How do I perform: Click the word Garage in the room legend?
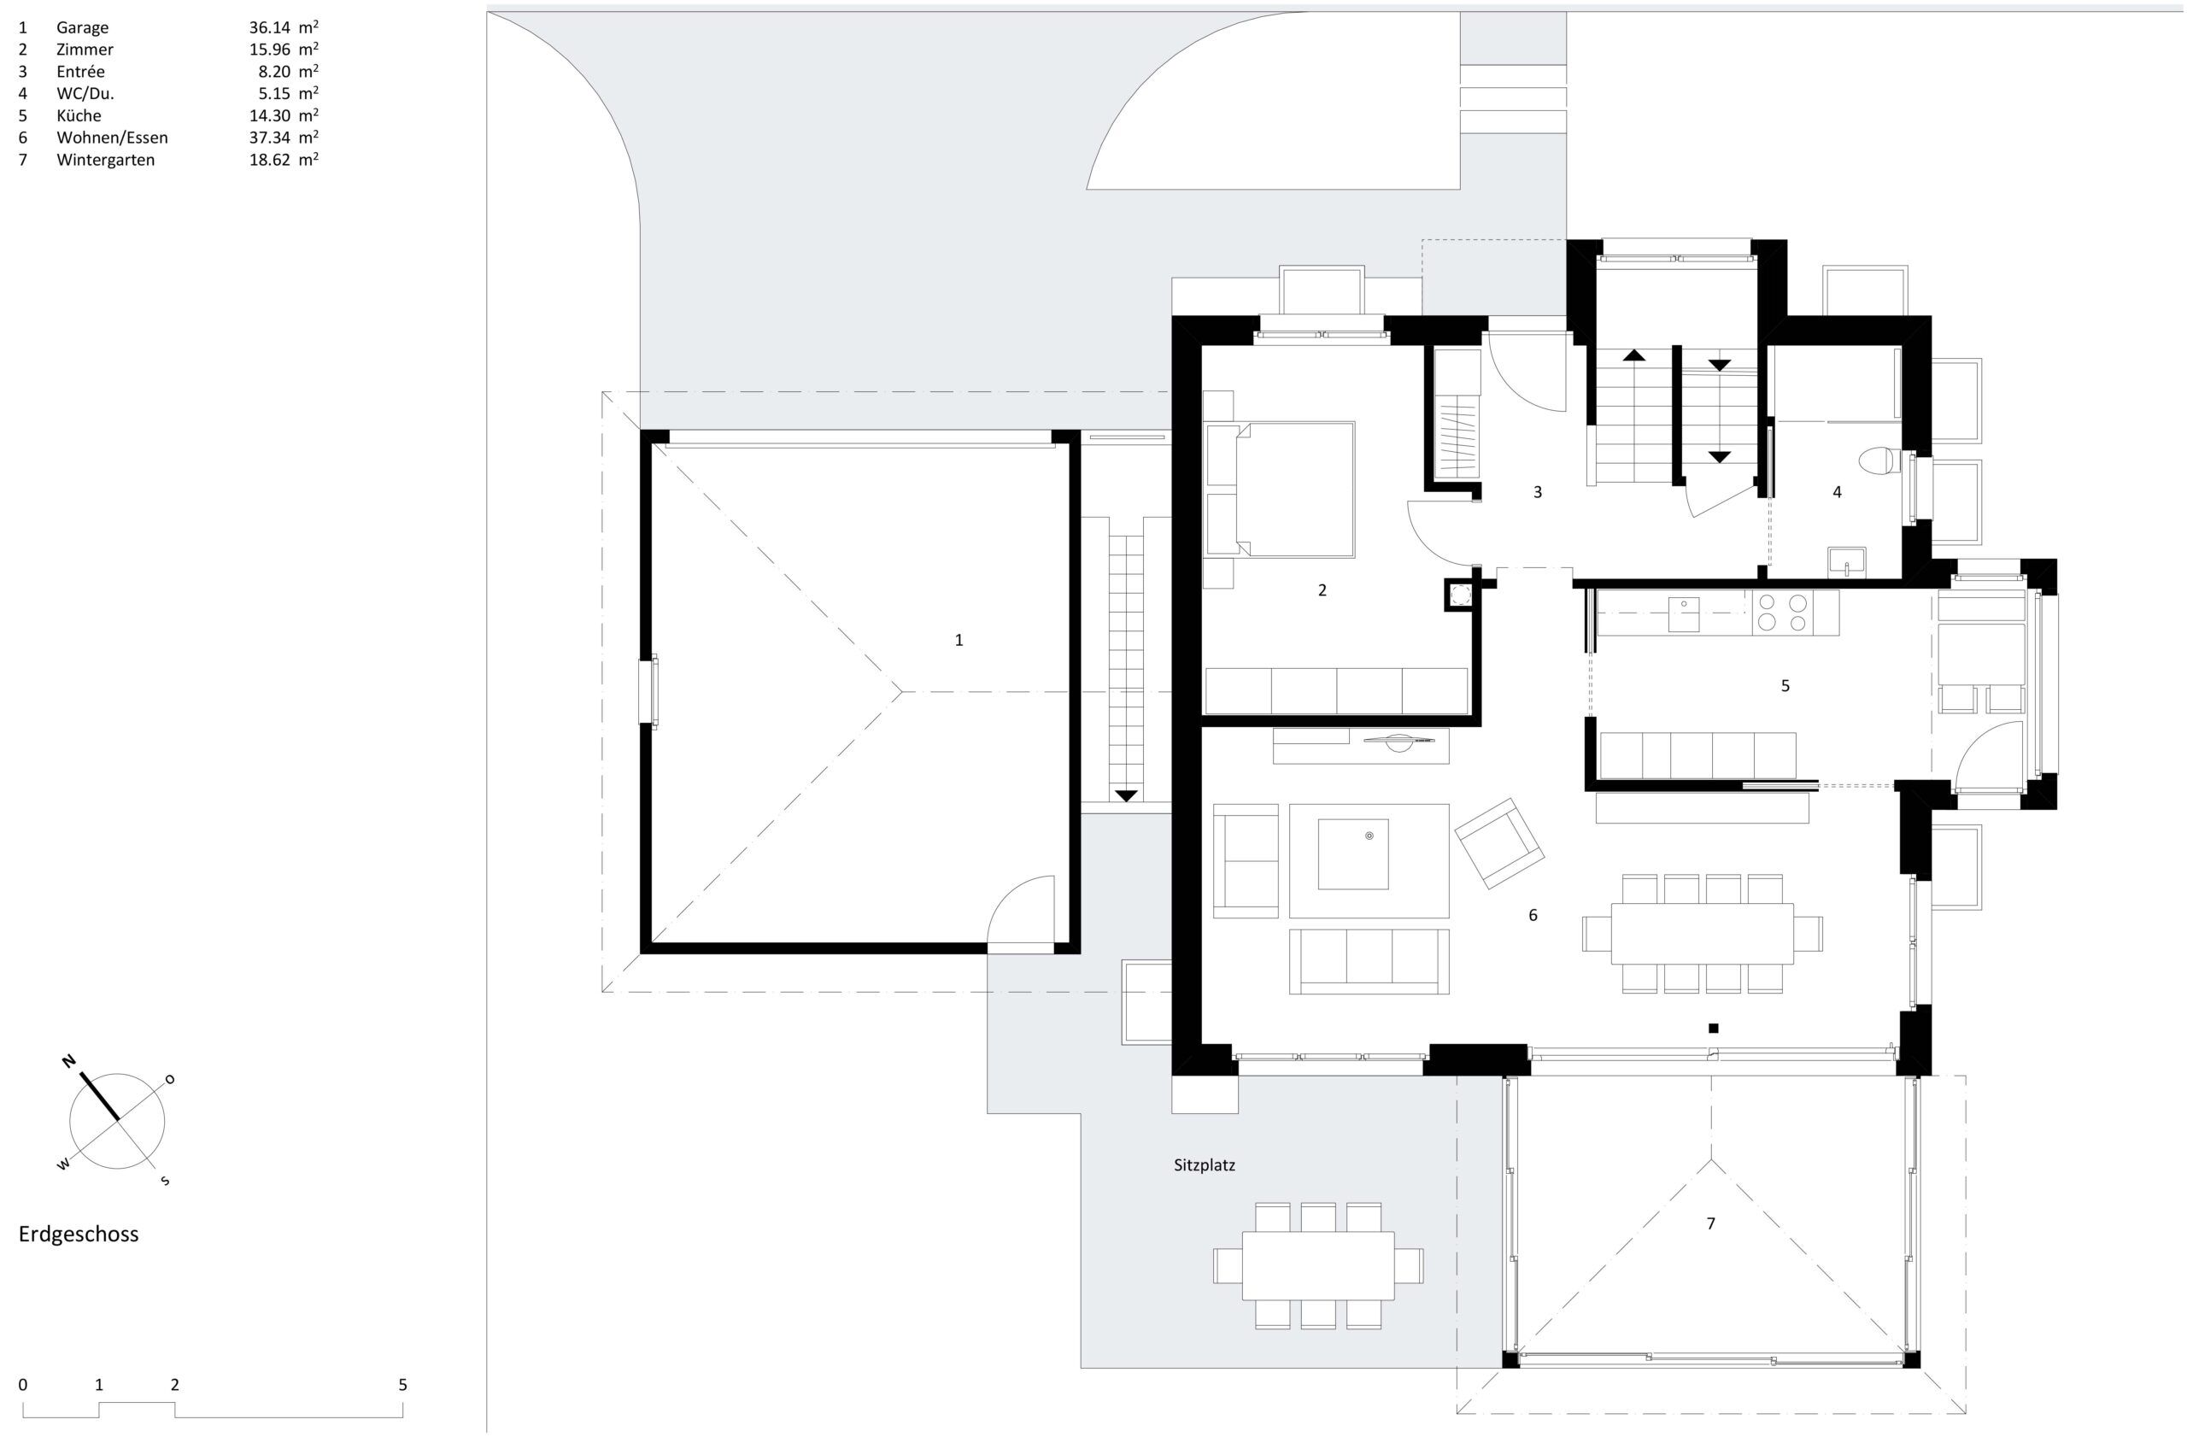83,27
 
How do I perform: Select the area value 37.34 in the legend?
269,138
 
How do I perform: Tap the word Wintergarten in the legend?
106,160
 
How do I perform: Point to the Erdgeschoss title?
79,1234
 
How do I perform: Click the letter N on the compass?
68,1062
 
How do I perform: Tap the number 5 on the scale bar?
402,1385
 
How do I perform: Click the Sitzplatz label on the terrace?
1205,1166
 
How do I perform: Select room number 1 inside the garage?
959,640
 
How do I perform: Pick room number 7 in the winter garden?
1710,1223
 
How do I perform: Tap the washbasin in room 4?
1846,561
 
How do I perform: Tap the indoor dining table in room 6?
1702,933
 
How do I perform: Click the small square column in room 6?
1713,1028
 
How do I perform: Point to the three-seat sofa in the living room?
1369,961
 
